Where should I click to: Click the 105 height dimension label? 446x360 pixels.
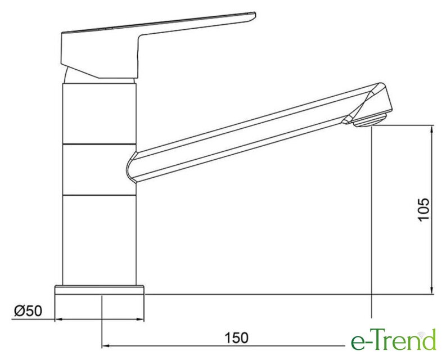pos(424,209)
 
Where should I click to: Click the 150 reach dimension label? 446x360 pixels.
pos(236,338)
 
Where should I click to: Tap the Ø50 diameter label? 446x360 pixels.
pos(28,310)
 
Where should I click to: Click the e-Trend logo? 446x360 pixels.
pos(393,340)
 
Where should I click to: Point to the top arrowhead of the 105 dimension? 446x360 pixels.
pos(433,129)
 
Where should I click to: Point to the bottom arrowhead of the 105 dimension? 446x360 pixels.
pos(433,290)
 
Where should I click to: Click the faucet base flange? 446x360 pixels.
pos(100,290)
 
